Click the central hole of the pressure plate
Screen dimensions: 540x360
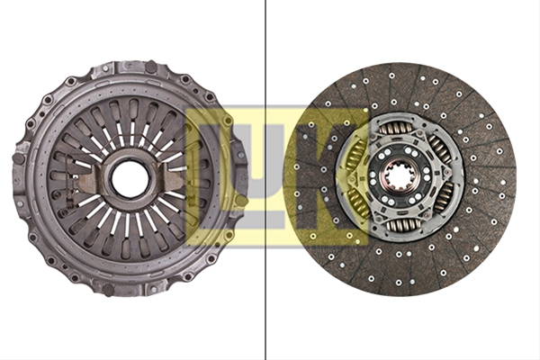130,177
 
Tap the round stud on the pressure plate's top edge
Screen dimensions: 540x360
151,67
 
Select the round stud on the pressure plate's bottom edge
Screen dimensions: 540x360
109,290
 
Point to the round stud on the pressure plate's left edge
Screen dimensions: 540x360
18,158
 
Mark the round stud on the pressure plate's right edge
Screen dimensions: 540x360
242,200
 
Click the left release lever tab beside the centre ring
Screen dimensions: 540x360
89,181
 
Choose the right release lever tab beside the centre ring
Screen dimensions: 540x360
175,175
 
